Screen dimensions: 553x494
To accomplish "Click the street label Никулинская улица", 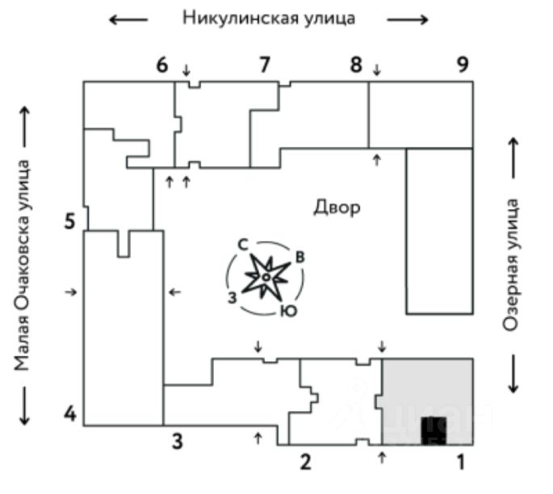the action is (x=268, y=18).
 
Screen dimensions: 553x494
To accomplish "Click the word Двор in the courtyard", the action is (x=337, y=207).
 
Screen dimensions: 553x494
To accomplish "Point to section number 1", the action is (x=462, y=463).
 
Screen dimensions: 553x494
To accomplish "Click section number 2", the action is (x=305, y=463).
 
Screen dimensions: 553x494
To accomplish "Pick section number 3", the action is (x=176, y=441).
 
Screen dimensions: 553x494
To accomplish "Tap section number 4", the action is (x=71, y=416).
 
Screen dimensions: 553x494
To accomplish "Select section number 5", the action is (x=70, y=220).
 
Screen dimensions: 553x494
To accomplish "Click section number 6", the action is (x=162, y=65).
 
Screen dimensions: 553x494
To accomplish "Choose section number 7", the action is (x=263, y=65).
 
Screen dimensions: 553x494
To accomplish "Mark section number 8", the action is (x=356, y=65).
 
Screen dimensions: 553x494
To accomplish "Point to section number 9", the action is (x=462, y=65).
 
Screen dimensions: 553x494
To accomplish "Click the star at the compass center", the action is (x=266, y=277).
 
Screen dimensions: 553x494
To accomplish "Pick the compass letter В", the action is (x=300, y=257).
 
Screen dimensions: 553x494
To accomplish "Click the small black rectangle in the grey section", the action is (x=434, y=429).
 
